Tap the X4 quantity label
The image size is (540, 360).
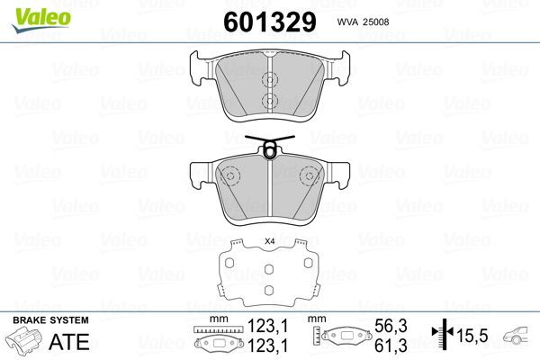(x=269, y=241)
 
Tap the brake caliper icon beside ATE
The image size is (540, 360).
(x=26, y=343)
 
